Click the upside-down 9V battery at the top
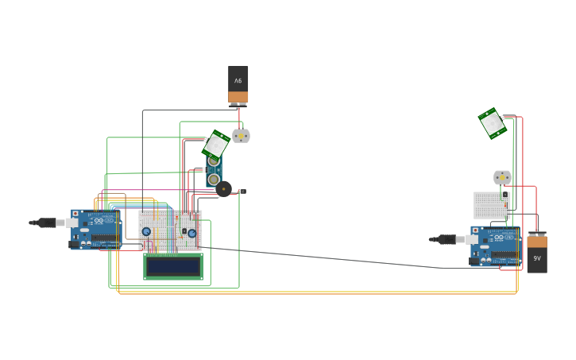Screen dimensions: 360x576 (238, 85)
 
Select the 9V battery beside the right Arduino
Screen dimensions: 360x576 (537, 253)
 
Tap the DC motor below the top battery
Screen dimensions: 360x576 (241, 136)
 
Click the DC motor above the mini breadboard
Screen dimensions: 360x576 (502, 177)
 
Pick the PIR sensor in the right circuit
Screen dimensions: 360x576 (493, 123)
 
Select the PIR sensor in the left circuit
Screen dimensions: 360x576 (215, 144)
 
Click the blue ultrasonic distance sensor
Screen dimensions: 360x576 (214, 171)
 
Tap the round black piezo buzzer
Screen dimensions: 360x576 (223, 189)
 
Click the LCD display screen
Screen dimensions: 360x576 (172, 266)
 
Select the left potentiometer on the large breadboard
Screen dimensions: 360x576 (146, 232)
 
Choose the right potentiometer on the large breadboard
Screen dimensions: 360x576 (191, 233)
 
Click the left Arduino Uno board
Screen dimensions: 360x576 (96, 230)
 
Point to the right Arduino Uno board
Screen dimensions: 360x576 (495, 246)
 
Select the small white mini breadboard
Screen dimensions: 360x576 (491, 206)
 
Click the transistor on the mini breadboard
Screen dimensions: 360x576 (504, 194)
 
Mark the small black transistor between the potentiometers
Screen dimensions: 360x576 (184, 232)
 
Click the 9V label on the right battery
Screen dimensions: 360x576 (537, 258)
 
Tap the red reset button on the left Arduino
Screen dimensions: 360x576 (75, 214)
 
